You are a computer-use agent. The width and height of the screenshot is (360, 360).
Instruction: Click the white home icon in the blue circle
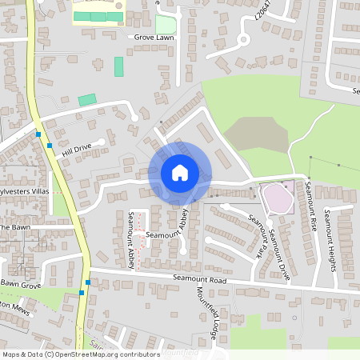(180, 173)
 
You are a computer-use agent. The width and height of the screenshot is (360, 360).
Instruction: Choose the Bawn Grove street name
(19, 284)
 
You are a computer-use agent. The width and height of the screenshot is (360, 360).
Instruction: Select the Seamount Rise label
(312, 206)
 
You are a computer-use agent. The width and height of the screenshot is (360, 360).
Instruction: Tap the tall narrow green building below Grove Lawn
(119, 66)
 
